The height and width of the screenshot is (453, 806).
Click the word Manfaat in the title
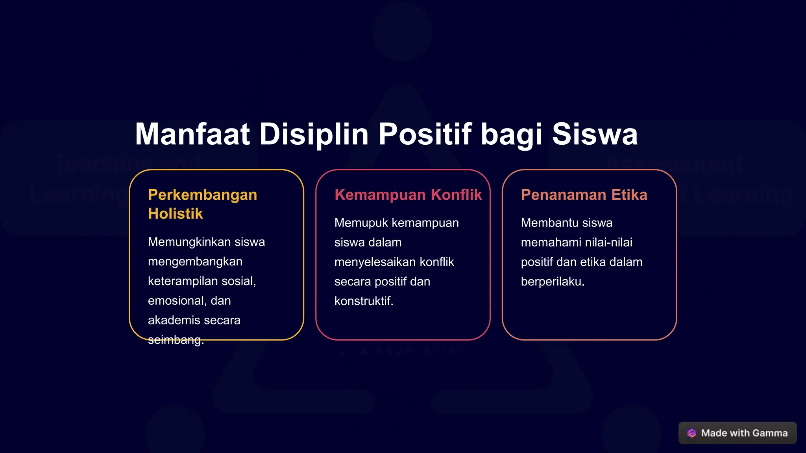click(192, 134)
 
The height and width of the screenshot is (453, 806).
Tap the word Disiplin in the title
click(314, 134)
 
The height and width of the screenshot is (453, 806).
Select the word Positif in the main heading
click(425, 134)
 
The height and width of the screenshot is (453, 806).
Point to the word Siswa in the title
click(595, 134)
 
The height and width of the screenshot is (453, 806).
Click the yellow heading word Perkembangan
click(202, 195)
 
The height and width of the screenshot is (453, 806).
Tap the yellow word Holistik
click(176, 214)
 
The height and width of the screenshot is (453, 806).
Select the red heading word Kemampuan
click(380, 195)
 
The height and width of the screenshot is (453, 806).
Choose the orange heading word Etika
click(629, 195)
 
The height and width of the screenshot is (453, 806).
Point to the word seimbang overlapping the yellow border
click(175, 340)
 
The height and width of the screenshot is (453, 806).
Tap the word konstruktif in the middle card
click(363, 301)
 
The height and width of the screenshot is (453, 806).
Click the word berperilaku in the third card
click(552, 282)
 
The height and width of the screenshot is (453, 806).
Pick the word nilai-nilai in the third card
click(609, 242)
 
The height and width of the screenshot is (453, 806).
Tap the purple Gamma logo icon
click(691, 433)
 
